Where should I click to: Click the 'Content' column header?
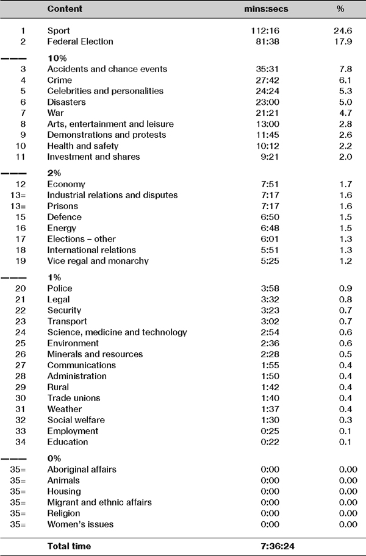click(x=65, y=10)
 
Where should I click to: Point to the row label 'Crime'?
click(x=60, y=80)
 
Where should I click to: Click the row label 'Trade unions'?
click(x=73, y=398)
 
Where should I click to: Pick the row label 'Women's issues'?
click(x=80, y=524)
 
